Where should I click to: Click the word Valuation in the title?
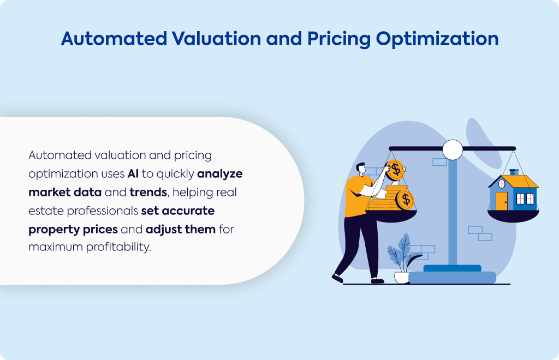click(216, 39)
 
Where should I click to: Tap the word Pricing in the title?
click(339, 39)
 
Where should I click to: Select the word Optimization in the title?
click(437, 39)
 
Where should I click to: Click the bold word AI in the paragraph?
click(133, 174)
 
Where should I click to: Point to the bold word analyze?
click(219, 174)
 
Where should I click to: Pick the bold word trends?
click(148, 193)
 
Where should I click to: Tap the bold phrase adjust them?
click(180, 229)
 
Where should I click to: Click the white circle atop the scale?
click(453, 149)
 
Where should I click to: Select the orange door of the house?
click(502, 201)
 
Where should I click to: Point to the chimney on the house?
click(514, 172)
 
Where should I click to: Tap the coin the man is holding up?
click(395, 170)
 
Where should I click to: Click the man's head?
click(361, 169)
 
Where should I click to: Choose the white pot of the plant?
click(402, 278)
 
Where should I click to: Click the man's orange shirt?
click(357, 196)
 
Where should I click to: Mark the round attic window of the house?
click(502, 184)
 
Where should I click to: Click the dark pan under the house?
click(513, 216)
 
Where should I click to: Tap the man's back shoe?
click(337, 278)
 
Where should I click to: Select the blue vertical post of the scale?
click(453, 212)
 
